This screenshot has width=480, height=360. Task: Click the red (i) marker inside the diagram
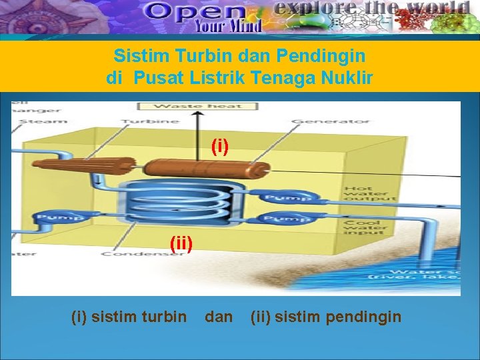tap(220, 146)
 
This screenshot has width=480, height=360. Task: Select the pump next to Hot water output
tap(287, 197)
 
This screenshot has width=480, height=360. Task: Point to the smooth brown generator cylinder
tap(207, 171)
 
